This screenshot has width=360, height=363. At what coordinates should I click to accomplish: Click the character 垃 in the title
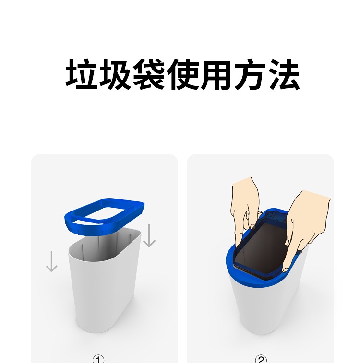81,74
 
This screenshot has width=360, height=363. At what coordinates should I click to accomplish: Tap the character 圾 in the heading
115,74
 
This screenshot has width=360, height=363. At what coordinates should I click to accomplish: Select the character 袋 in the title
148,74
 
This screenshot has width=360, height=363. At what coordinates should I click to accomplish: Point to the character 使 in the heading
182,74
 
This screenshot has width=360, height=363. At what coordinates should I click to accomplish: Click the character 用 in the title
216,74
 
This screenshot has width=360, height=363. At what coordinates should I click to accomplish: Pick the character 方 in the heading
250,74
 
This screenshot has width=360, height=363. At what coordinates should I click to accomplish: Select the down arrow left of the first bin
51,261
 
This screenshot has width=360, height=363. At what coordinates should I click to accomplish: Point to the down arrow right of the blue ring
149,235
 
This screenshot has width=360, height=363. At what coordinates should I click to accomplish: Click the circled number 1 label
98,358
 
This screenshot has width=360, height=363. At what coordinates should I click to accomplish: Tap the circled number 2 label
261,358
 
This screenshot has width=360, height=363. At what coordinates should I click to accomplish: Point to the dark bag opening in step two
262,248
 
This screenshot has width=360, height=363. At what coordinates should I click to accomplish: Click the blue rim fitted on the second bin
232,266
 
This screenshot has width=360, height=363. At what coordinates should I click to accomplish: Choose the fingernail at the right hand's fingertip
286,270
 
